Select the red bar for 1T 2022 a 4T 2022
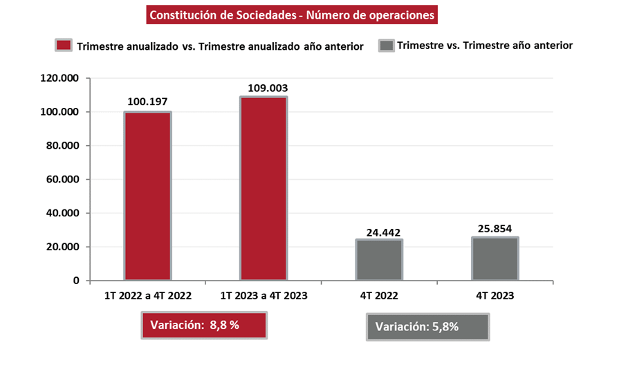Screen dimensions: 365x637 pyautogui.click(x=147, y=196)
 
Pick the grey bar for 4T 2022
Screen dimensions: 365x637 pyautogui.click(x=379, y=260)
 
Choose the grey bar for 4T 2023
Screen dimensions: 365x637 pyautogui.click(x=495, y=259)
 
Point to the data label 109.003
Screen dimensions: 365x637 pyautogui.click(x=264, y=88)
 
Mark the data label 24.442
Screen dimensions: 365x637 pyautogui.click(x=379, y=232)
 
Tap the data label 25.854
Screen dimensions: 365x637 pyautogui.click(x=495, y=229)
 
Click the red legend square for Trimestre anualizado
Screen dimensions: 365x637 pyautogui.click(x=64, y=46)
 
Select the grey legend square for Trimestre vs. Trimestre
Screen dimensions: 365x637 pyautogui.click(x=386, y=46)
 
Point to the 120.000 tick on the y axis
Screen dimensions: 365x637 pyautogui.click(x=61, y=79)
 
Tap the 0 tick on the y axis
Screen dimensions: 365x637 pyautogui.click(x=77, y=281)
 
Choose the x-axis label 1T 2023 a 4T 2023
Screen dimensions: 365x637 pyautogui.click(x=264, y=295)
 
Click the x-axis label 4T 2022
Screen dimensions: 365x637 pyautogui.click(x=379, y=295)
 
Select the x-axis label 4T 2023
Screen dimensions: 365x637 pyautogui.click(x=495, y=295)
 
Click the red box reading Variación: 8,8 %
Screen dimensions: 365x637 pyautogui.click(x=204, y=326)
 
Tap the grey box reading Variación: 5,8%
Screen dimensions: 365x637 pyautogui.click(x=427, y=327)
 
